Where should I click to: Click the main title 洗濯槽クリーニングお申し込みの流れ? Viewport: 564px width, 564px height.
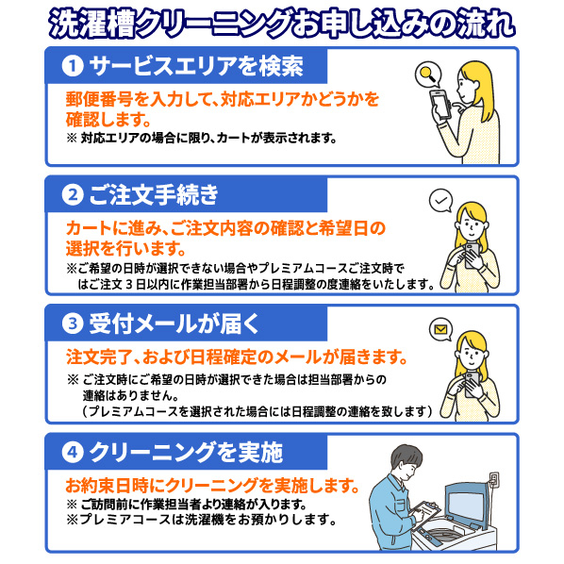click(x=282, y=24)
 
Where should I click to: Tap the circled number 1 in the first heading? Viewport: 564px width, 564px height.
click(x=73, y=66)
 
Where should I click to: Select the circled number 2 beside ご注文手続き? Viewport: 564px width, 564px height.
click(x=73, y=194)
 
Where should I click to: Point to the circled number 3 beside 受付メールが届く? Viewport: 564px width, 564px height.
click(x=73, y=323)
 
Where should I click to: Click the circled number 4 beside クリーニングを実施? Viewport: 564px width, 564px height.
click(x=73, y=452)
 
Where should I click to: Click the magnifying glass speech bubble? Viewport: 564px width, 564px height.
click(x=428, y=75)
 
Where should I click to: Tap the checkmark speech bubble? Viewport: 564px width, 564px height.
click(x=441, y=200)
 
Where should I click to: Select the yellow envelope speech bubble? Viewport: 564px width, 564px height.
click(x=441, y=329)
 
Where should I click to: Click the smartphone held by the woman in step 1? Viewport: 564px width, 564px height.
click(x=441, y=105)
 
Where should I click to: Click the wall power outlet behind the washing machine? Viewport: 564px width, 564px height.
click(x=494, y=479)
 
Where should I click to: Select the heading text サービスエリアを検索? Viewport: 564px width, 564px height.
click(x=196, y=66)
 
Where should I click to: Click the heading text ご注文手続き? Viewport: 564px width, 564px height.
click(x=154, y=194)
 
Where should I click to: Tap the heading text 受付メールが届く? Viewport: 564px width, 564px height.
click(x=174, y=323)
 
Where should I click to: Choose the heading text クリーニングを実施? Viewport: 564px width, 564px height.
click(x=186, y=452)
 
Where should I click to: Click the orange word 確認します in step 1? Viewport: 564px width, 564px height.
click(x=108, y=120)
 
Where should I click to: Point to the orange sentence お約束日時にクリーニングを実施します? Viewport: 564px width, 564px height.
click(x=212, y=486)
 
